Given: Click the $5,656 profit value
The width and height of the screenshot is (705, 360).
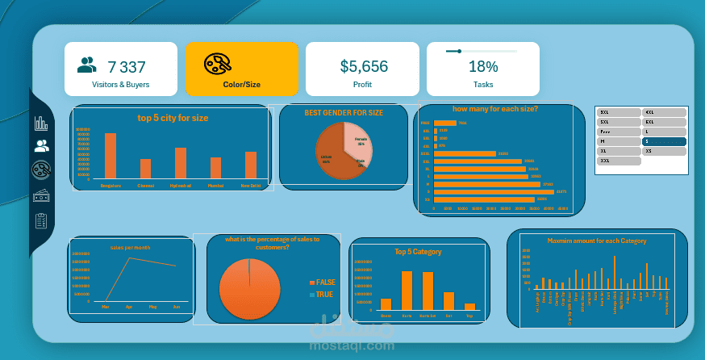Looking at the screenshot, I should [364, 67].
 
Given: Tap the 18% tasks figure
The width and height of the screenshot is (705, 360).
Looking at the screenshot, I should [483, 67].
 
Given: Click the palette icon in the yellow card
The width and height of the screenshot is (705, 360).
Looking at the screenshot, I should [218, 64].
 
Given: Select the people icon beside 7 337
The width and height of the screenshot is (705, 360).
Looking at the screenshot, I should [87, 65].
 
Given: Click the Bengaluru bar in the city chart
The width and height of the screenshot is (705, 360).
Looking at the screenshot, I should [111, 156].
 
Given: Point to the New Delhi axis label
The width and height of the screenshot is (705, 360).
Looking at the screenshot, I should [250, 186].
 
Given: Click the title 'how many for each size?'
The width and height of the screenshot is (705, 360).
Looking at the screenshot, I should [494, 108].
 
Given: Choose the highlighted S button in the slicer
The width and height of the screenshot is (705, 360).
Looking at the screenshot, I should [664, 141].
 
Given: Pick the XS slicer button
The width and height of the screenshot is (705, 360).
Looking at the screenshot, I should [664, 151].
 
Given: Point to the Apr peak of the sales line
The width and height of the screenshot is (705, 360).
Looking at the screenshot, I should [129, 258].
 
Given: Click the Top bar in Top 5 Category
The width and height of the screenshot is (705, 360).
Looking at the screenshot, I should [470, 306].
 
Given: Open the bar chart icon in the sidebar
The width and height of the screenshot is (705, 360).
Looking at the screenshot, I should [41, 123].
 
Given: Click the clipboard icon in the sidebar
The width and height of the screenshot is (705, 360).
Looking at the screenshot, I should [41, 220].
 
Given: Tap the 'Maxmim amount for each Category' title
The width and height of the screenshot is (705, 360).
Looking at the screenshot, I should [597, 241].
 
